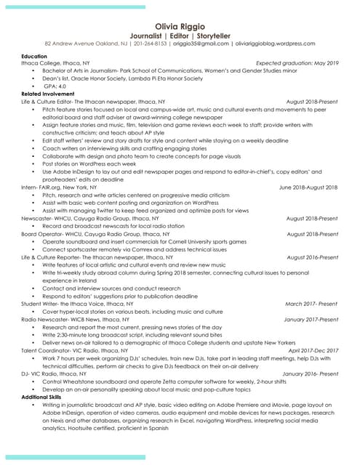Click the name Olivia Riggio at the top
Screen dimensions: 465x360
180,26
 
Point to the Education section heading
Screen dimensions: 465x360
34,56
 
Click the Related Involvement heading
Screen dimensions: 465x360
48,94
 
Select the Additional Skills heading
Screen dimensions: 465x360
43,397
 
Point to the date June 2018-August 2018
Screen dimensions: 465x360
308,187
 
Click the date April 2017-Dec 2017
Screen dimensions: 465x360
313,350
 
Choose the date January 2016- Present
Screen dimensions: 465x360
310,373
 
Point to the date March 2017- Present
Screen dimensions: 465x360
311,304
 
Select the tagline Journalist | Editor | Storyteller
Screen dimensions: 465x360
180,35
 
